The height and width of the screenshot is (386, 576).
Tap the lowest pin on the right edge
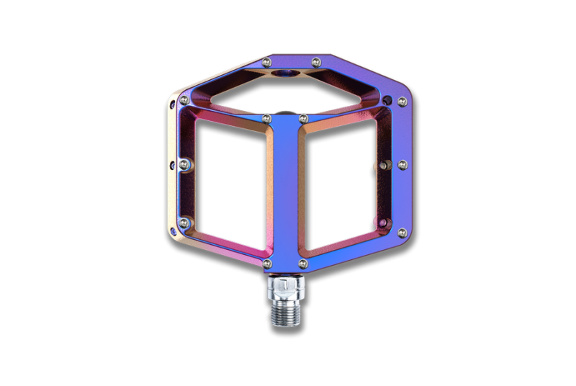401,232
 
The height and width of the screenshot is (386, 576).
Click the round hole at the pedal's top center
287,74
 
